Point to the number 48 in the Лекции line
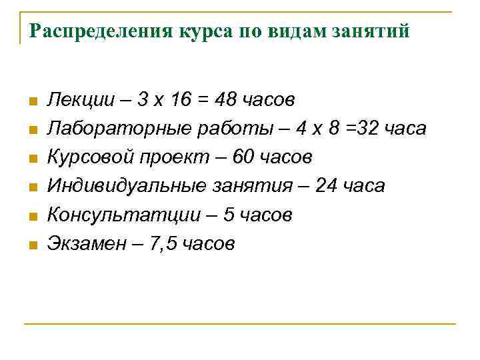click(226, 100)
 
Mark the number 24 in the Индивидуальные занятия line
click(328, 186)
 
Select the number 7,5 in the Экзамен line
click(164, 244)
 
